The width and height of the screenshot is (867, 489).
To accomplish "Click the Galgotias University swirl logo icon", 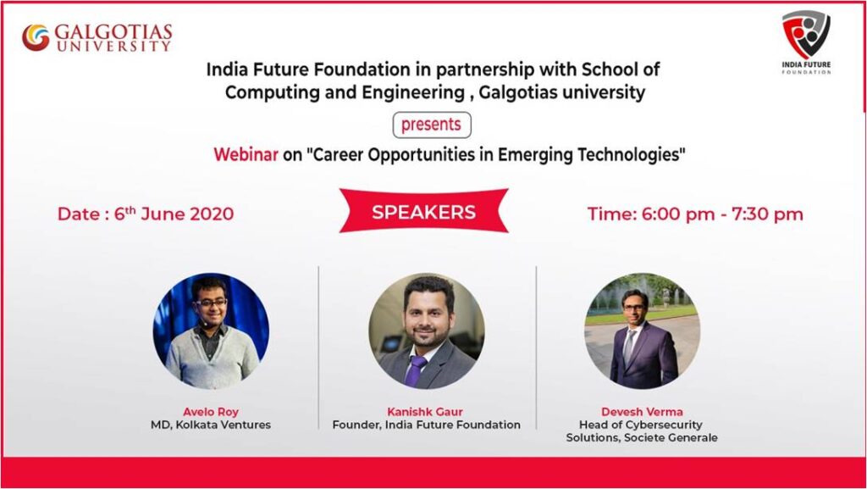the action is click(x=36, y=37).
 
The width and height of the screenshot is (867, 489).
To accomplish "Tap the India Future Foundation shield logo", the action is click(x=806, y=34).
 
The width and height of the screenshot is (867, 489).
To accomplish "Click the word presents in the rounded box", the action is click(x=431, y=125).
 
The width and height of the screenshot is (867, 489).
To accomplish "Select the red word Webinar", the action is click(x=246, y=154).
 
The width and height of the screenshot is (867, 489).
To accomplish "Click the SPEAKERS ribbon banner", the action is click(x=423, y=211).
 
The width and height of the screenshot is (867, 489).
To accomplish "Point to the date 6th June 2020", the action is click(x=174, y=213).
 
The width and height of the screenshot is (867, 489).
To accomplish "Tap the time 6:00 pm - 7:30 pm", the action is click(x=722, y=214).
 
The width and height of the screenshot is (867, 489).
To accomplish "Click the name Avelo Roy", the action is click(x=211, y=412).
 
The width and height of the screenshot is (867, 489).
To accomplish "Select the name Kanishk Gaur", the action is click(x=425, y=412).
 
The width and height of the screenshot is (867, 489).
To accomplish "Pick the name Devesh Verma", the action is click(x=642, y=412).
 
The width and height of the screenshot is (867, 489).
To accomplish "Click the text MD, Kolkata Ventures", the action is click(x=211, y=425).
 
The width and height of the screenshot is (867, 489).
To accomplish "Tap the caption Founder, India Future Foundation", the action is click(x=427, y=425).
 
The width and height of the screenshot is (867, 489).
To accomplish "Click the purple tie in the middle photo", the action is click(x=414, y=370).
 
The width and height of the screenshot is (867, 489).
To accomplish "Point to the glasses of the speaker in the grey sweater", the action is click(x=211, y=303).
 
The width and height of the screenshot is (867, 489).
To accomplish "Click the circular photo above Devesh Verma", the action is click(x=642, y=331).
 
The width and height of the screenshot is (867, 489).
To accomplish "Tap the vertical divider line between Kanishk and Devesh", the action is click(x=536, y=347).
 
